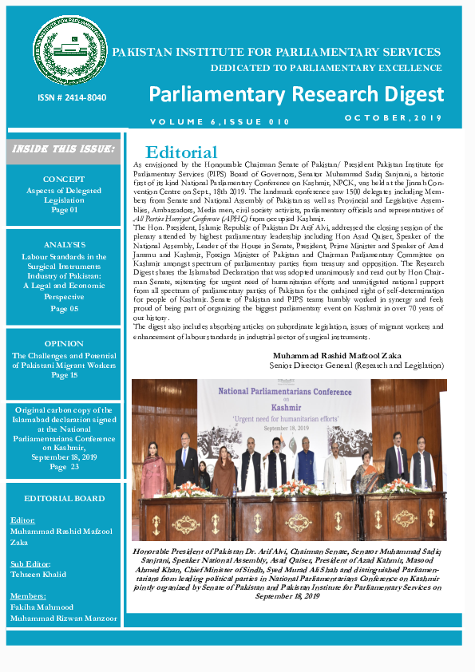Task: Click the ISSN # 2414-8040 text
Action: [x=70, y=98]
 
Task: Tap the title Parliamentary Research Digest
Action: [x=296, y=94]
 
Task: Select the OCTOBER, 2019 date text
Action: [x=392, y=117]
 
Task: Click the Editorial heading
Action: [x=181, y=152]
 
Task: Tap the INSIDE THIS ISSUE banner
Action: [x=64, y=148]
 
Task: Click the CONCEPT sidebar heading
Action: [x=64, y=180]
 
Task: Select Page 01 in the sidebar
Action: [x=64, y=209]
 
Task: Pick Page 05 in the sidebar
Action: [x=64, y=307]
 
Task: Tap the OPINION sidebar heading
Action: [x=64, y=344]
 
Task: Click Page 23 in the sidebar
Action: [x=64, y=467]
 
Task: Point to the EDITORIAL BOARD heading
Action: [x=64, y=498]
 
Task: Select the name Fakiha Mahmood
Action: [x=42, y=607]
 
